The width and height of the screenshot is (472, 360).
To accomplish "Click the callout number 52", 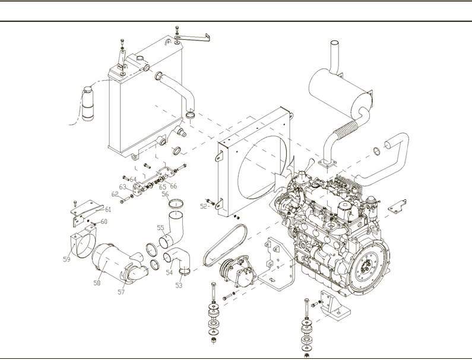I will pos(204,207).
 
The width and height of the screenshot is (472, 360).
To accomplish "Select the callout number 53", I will pos(179,285).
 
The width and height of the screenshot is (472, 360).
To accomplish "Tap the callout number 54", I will pos(169,273).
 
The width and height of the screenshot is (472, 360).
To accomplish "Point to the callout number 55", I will pos(160,228).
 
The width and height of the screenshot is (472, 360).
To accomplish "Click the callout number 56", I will pos(165,194).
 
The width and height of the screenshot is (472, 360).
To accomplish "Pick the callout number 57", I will pos(121,292).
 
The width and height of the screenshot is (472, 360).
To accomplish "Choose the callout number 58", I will pos(96,283).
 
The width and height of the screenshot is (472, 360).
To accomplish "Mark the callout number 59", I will pos(66,259).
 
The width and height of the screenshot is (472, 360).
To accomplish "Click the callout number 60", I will pos(104,222).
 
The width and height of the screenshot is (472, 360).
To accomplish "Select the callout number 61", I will pos(108,209).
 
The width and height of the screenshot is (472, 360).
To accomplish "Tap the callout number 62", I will pos(115,194).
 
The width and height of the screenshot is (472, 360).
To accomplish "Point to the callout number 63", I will pos(123,187).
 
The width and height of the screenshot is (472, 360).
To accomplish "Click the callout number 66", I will pos(174,186).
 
